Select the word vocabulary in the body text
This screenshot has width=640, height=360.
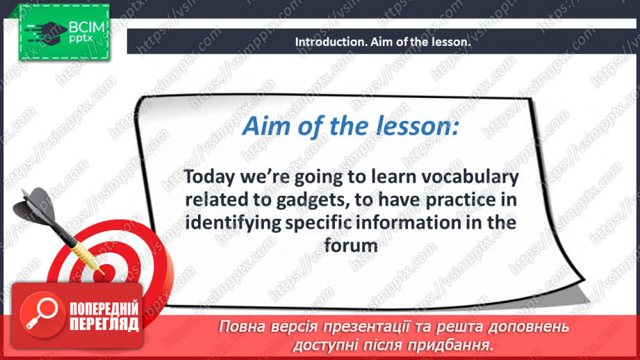(470, 177)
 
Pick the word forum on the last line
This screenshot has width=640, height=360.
(351, 246)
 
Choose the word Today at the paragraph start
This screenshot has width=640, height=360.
(209, 177)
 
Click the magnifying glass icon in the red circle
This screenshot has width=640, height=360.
(42, 314)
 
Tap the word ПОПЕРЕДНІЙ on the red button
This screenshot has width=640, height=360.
(104, 309)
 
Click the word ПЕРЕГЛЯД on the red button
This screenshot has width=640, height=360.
(104, 324)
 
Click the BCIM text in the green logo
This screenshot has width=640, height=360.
(87, 27)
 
